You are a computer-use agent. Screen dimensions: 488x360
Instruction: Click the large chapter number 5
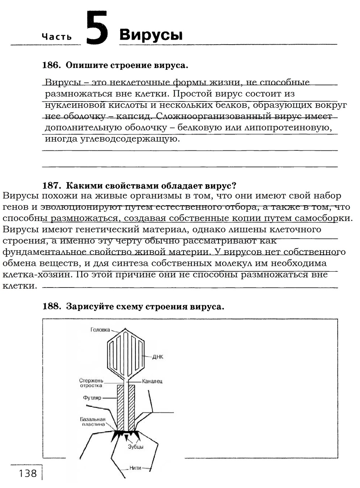pos(97,28)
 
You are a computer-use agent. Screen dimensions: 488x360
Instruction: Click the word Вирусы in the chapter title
pos(151,35)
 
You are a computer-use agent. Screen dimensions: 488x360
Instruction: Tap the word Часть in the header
pos(57,37)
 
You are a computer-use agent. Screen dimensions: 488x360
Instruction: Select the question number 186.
pos(50,65)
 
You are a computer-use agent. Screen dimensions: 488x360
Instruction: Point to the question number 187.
pos(50,185)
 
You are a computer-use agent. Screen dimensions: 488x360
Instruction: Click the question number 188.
pos(50,306)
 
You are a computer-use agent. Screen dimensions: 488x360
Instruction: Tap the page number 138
pos(28,473)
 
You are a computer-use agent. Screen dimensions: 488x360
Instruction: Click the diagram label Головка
pos(100,330)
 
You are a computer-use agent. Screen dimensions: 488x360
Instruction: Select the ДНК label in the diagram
pos(158,357)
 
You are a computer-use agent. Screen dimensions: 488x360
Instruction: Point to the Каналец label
pos(152,381)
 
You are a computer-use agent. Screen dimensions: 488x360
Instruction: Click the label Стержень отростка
pos(91,383)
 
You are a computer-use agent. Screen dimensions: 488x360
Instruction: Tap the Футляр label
pos(92,398)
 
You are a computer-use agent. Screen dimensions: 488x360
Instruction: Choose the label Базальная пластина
pos(93,422)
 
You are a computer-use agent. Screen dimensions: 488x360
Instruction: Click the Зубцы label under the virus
pos(136,447)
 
